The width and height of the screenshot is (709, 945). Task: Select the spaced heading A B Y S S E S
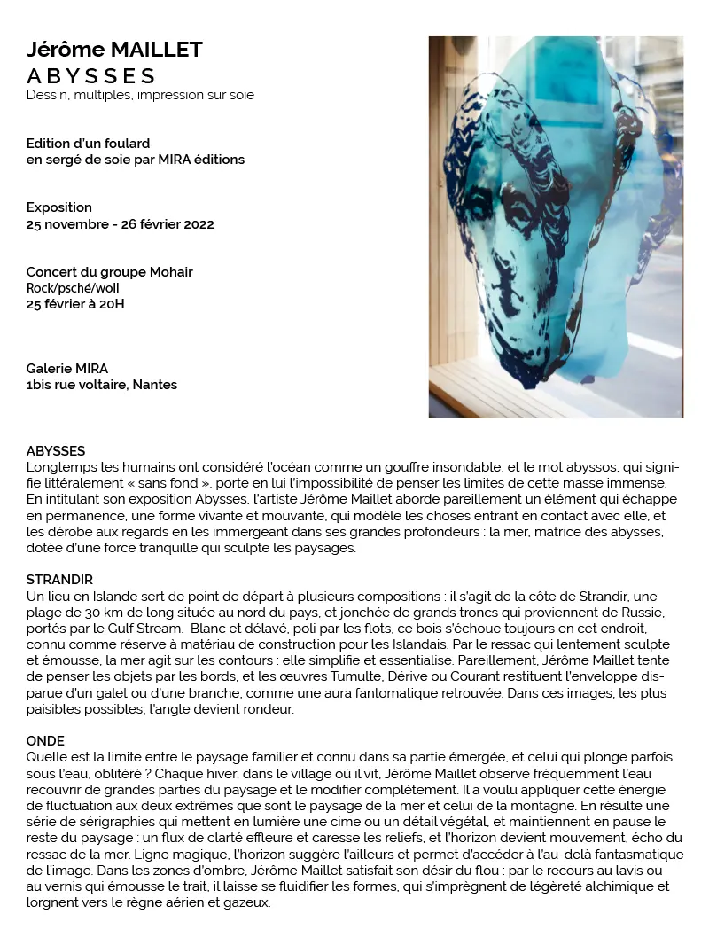pyautogui.click(x=91, y=75)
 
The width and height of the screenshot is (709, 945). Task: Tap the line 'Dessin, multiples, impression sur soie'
pyautogui.click(x=140, y=95)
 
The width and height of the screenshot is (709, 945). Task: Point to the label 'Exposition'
pyautogui.click(x=59, y=207)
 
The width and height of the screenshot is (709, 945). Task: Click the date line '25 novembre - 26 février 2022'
pyautogui.click(x=120, y=224)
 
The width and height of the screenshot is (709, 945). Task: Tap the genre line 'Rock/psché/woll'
pyautogui.click(x=73, y=288)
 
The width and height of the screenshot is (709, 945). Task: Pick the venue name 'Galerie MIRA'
pyautogui.click(x=67, y=369)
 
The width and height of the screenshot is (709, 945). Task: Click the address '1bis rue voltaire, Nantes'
pyautogui.click(x=102, y=385)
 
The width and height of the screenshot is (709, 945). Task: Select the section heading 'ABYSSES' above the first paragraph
pyautogui.click(x=56, y=451)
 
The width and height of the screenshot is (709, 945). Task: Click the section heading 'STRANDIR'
pyautogui.click(x=59, y=580)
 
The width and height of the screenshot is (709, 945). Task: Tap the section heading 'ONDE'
pyautogui.click(x=45, y=740)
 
